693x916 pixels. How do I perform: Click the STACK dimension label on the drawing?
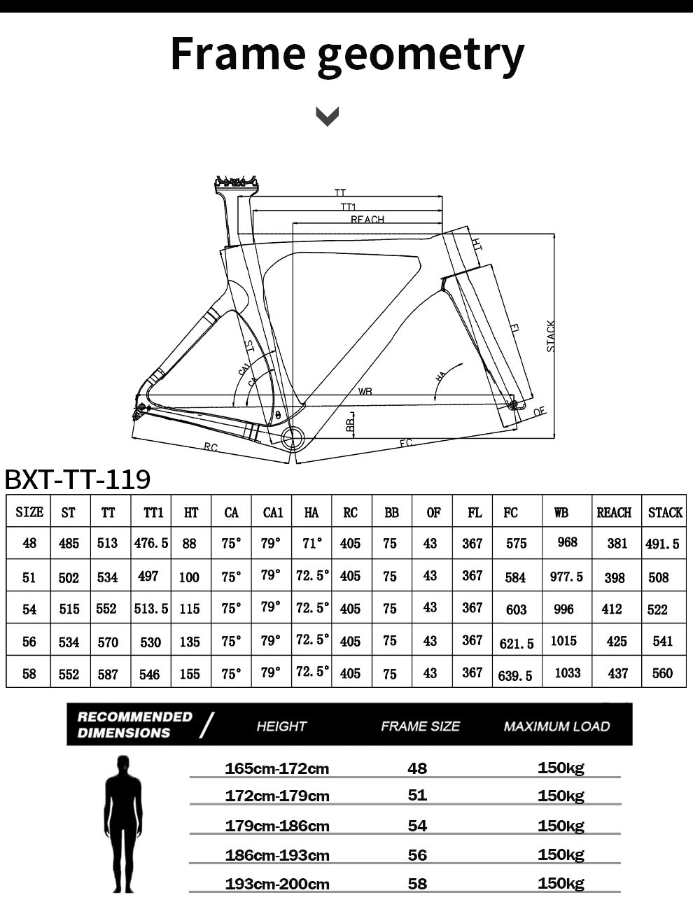[x=551, y=337]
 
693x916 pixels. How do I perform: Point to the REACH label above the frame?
[x=367, y=220]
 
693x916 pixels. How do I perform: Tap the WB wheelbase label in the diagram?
[x=365, y=391]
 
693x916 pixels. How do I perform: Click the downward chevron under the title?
[x=328, y=116]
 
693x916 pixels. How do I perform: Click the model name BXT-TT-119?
[x=78, y=480]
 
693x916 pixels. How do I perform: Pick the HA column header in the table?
[x=311, y=513]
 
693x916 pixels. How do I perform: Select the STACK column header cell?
[x=664, y=513]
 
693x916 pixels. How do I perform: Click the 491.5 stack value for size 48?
[x=662, y=544]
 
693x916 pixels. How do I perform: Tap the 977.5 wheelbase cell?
[x=566, y=577]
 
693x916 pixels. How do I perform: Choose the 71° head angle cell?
[x=311, y=543]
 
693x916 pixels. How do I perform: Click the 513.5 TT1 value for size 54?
[x=151, y=609]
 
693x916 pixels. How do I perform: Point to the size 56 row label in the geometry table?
[x=29, y=642]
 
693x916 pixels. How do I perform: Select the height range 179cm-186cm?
[x=277, y=826]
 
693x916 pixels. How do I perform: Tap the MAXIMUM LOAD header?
[x=556, y=726]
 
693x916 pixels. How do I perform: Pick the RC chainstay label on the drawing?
[x=210, y=447]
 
